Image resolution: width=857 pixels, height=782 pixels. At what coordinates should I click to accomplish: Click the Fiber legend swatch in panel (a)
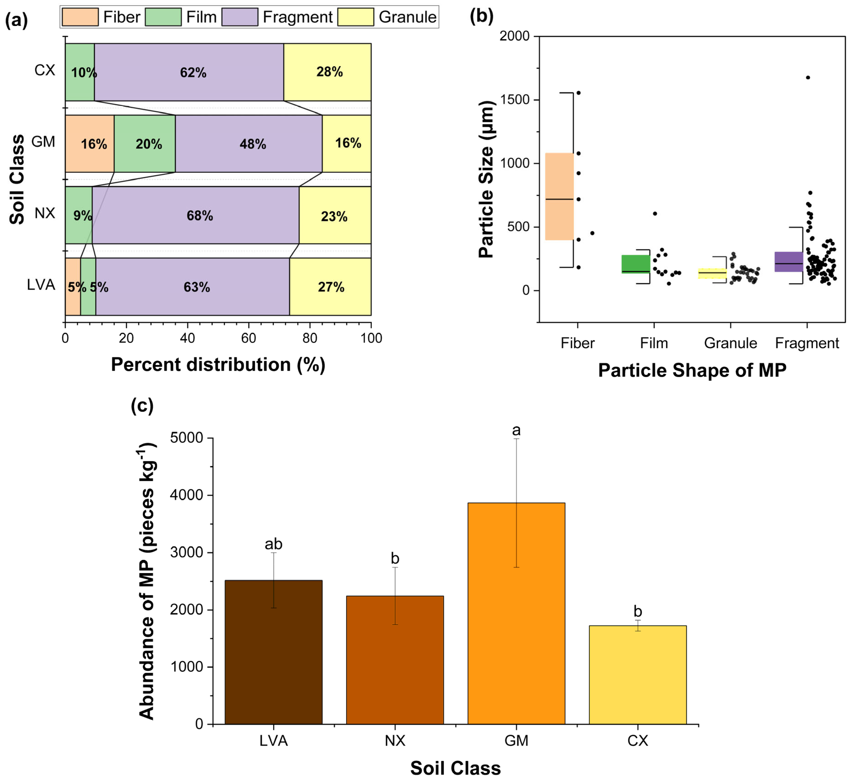click(x=80, y=17)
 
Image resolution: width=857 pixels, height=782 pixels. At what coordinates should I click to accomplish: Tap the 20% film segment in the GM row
click(x=145, y=144)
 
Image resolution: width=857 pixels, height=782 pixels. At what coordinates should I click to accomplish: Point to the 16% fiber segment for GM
click(x=90, y=144)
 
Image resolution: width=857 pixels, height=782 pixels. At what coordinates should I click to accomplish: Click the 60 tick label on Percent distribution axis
click(x=249, y=338)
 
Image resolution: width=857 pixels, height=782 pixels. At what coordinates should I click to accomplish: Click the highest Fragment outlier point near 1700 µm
click(x=808, y=77)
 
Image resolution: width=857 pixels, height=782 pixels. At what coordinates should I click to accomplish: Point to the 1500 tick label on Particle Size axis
click(x=515, y=100)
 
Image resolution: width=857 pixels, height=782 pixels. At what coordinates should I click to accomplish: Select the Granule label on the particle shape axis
click(x=730, y=343)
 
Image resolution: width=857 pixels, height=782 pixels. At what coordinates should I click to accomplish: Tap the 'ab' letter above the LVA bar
click(x=273, y=544)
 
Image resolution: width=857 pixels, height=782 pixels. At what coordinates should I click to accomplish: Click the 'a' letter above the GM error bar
click(x=516, y=430)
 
